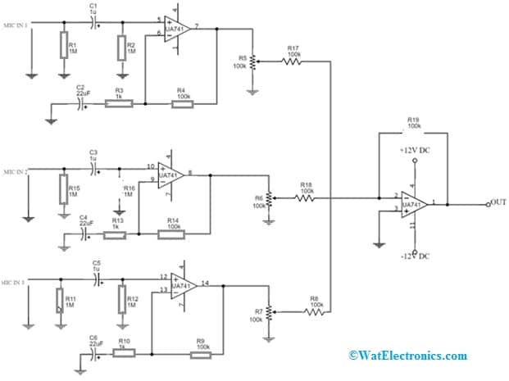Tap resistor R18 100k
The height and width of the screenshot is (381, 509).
(x=306, y=197)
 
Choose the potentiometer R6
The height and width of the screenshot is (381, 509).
(x=268, y=197)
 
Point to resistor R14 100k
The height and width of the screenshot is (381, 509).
(x=172, y=234)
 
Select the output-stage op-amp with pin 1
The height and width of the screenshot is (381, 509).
(x=413, y=204)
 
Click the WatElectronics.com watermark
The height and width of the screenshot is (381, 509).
(x=407, y=356)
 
